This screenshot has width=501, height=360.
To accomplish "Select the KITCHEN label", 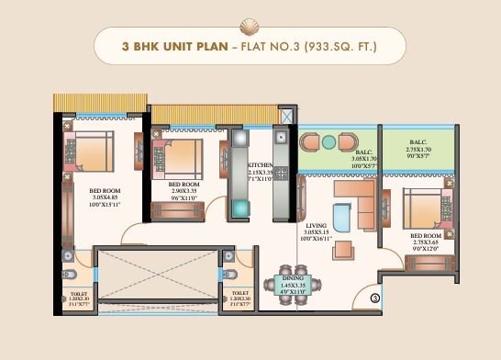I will coord(261,165).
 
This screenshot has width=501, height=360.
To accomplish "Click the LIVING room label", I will coord(316,224).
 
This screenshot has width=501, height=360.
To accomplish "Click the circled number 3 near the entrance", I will coord(375,296).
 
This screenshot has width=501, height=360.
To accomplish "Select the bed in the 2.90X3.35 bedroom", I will coord(187,150).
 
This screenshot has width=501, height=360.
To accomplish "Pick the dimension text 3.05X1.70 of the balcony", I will coord(365,159).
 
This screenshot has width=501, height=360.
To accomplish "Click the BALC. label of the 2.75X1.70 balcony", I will coord(419,142).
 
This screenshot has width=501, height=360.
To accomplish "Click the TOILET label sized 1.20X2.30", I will coord(79,294).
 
